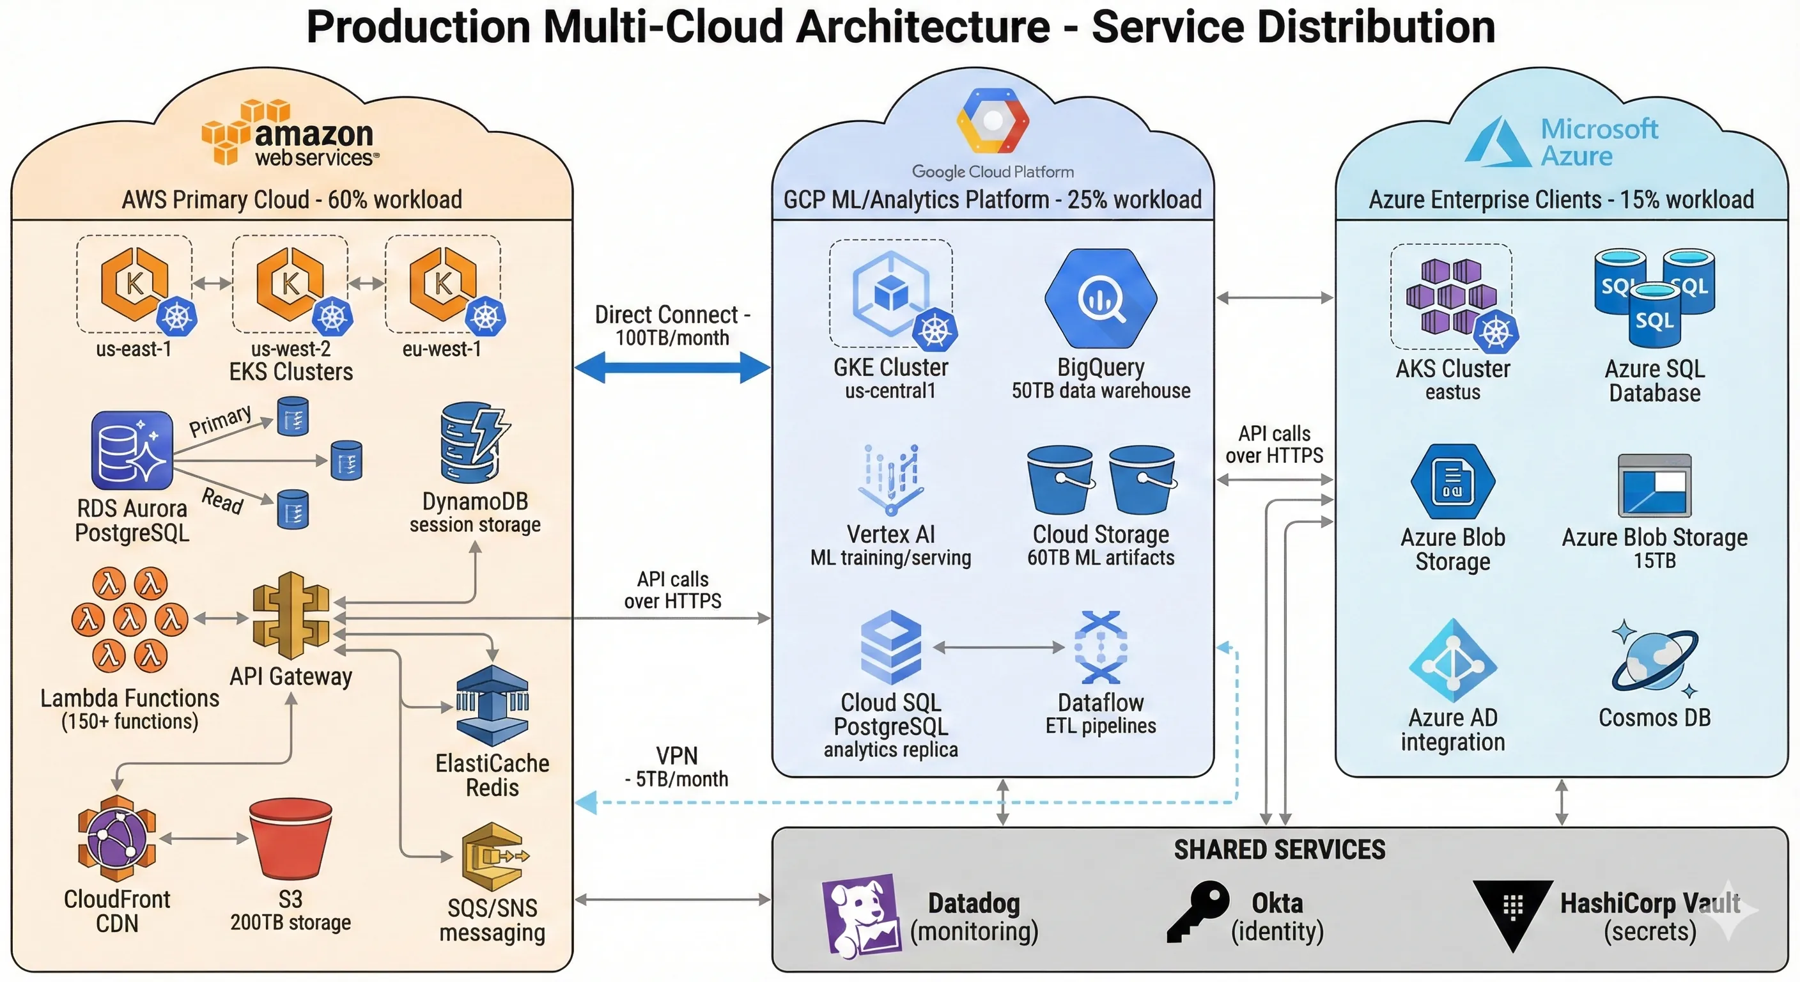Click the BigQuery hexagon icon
(x=1101, y=299)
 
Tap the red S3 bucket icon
(x=290, y=839)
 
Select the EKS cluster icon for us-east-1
(x=135, y=284)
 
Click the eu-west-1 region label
(x=442, y=349)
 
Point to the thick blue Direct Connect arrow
(x=672, y=368)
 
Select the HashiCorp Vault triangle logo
(x=1512, y=912)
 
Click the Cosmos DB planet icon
(x=1654, y=660)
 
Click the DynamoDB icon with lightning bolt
(x=473, y=443)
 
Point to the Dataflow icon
(x=1100, y=647)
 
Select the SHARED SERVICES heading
(x=1278, y=850)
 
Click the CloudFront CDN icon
(x=117, y=838)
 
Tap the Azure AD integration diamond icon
(x=1453, y=660)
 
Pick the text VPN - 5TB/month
(x=676, y=767)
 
